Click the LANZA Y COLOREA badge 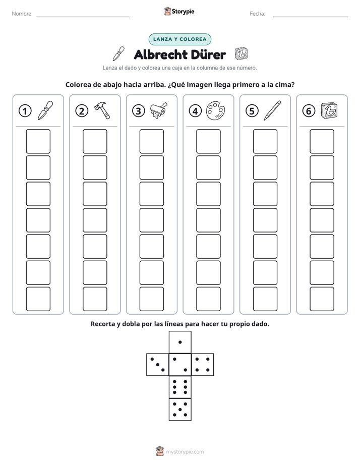coord(179,39)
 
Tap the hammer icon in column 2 coord(102,110)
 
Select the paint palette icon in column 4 coord(216,111)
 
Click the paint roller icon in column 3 coord(159,110)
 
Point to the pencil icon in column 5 coord(272,110)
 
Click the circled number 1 coord(25,111)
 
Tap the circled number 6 coord(309,111)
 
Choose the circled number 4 coord(195,111)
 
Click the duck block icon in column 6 coord(329,110)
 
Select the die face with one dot coord(180,342)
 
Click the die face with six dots coord(180,387)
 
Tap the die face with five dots coord(180,409)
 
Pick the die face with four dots coord(203,365)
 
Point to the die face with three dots coord(158,365)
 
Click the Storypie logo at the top coord(179,12)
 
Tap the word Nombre coord(22,14)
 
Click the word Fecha coord(257,14)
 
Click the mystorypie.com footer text coord(185,452)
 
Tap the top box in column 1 coord(38,141)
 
